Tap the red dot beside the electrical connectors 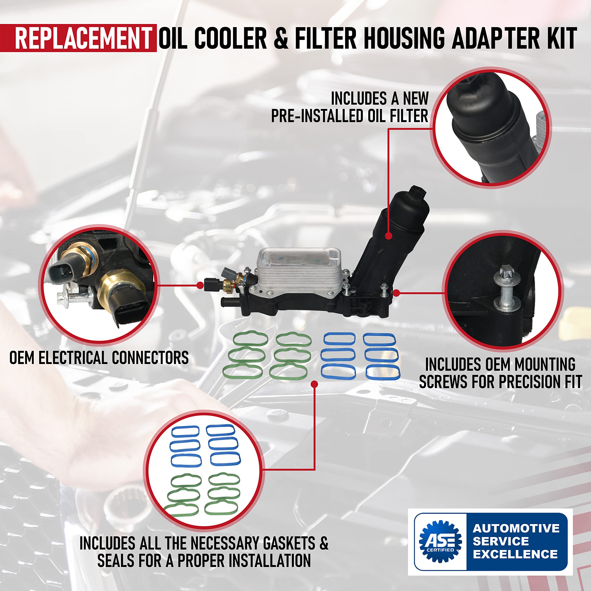pyautogui.click(x=200, y=285)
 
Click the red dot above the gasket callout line pyautogui.click(x=314, y=384)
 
